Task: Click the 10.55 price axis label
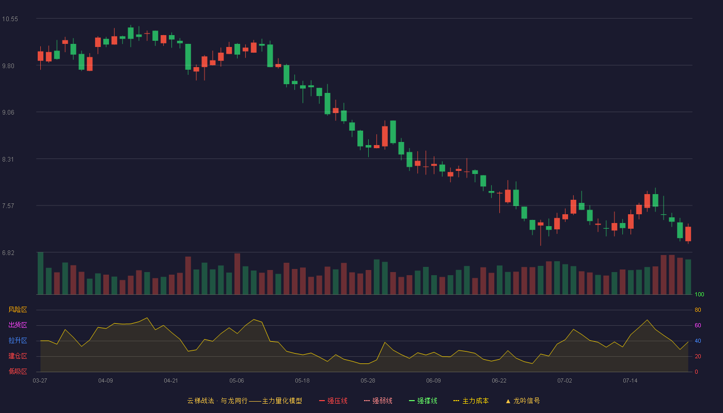(x=10, y=19)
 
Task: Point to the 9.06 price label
(x=8, y=113)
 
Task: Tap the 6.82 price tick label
(x=8, y=252)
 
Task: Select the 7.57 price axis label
(x=8, y=206)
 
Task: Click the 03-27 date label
(x=40, y=381)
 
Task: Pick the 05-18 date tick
(x=302, y=381)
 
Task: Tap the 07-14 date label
(x=630, y=381)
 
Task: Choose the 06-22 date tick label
(x=499, y=381)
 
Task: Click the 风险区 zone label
(x=18, y=310)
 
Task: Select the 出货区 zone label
(x=18, y=325)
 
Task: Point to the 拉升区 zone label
(x=18, y=340)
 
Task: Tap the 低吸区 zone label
(x=18, y=371)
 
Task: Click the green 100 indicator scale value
(x=699, y=294)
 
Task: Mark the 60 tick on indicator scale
(x=698, y=325)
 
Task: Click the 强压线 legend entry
(x=333, y=401)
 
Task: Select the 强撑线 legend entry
(x=423, y=401)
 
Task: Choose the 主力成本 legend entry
(x=471, y=401)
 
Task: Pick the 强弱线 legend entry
(x=378, y=401)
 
